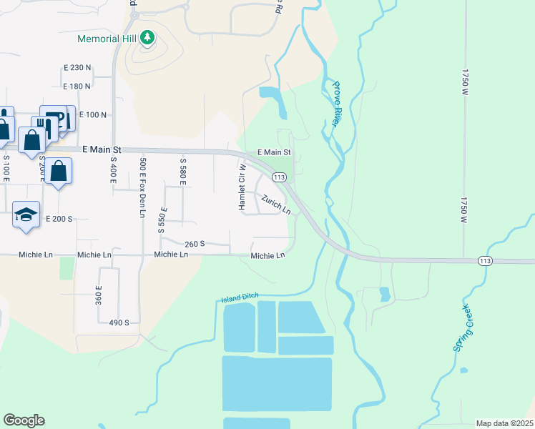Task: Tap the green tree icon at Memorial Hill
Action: [147, 36]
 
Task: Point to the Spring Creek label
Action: [463, 327]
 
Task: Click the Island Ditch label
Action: [239, 297]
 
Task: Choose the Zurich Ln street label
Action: [275, 204]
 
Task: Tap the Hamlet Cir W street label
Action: [242, 187]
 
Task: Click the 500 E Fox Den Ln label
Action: [143, 187]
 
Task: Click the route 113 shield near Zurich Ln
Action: [279, 177]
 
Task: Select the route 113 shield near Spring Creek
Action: [486, 262]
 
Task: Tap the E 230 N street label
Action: [77, 67]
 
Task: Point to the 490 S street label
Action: [119, 322]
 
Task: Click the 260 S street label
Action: [195, 244]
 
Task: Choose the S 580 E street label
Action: [183, 170]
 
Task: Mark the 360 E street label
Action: [99, 292]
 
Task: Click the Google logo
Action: [24, 420]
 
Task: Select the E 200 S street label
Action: [59, 218]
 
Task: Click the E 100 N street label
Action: [92, 114]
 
